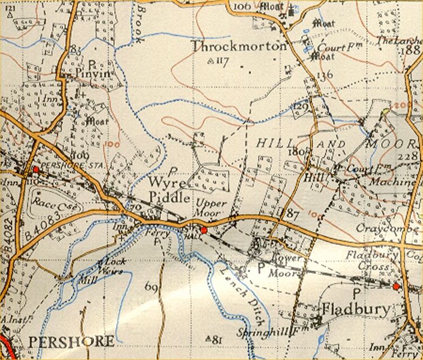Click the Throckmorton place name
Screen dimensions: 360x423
pos(239,46)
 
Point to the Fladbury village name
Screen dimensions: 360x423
pos(355,309)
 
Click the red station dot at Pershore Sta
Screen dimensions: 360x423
pos(36,169)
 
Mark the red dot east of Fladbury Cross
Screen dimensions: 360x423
pos(395,287)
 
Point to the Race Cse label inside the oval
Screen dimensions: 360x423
pos(49,203)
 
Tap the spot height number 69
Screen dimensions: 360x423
pos(151,288)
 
